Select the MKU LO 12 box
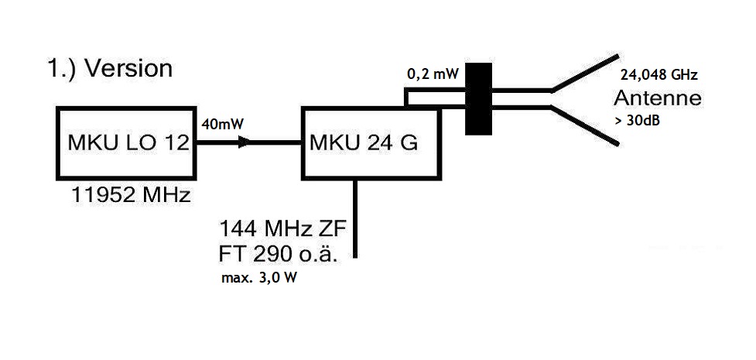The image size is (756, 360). [126, 144]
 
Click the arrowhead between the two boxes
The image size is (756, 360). [245, 142]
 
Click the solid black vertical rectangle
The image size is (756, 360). [479, 98]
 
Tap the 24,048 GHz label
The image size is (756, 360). [659, 76]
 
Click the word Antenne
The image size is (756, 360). [657, 99]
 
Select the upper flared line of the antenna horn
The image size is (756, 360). [585, 74]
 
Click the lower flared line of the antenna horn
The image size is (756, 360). [585, 125]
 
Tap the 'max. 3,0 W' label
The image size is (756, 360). [259, 276]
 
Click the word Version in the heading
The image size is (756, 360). [128, 68]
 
